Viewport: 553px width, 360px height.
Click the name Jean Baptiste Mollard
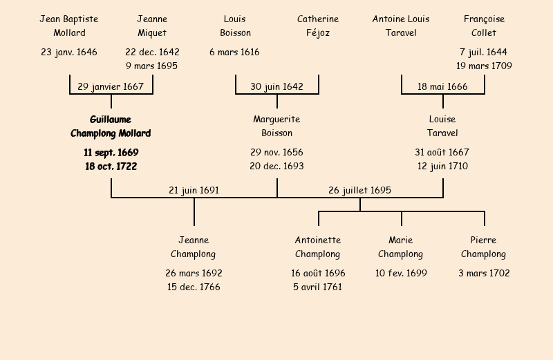pyautogui.click(x=69, y=26)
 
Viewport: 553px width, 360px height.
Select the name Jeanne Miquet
pyautogui.click(x=152, y=26)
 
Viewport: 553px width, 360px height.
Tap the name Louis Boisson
pyautogui.click(x=235, y=26)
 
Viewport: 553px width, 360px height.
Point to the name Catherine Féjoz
pyautogui.click(x=318, y=26)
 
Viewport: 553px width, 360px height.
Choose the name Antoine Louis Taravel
pyautogui.click(x=401, y=26)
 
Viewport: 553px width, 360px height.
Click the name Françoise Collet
pyautogui.click(x=484, y=26)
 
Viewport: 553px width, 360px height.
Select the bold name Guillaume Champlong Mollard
pyautogui.click(x=111, y=126)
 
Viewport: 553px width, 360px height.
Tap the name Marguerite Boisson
pyautogui.click(x=276, y=126)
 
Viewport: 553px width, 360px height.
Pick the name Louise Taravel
pyautogui.click(x=442, y=126)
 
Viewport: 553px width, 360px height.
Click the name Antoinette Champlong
pyautogui.click(x=318, y=247)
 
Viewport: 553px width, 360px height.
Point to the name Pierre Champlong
pyautogui.click(x=484, y=247)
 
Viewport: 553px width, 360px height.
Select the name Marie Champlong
pyautogui.click(x=401, y=247)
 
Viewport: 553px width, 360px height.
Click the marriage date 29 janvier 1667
pyautogui.click(x=111, y=87)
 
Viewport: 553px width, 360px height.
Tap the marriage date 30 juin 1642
pyautogui.click(x=276, y=87)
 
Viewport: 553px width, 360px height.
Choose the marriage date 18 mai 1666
pyautogui.click(x=442, y=87)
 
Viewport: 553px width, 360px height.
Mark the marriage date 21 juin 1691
pyautogui.click(x=194, y=190)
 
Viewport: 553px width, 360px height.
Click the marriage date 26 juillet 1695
pyautogui.click(x=359, y=190)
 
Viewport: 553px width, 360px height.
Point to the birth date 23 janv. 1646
pyautogui.click(x=69, y=52)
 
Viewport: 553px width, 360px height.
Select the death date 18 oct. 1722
pyautogui.click(x=111, y=167)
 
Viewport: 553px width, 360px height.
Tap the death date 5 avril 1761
pyautogui.click(x=318, y=287)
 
